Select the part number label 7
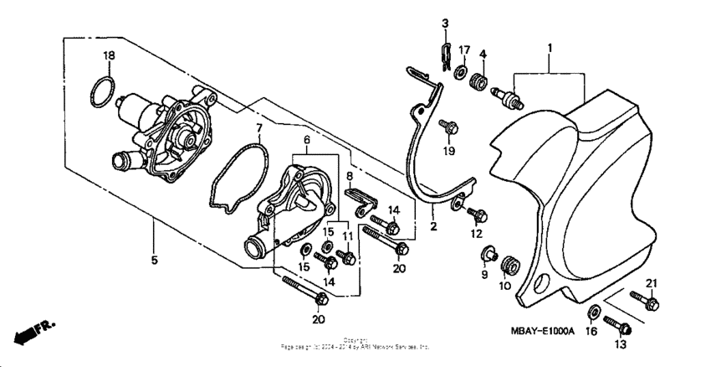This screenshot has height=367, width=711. pyautogui.click(x=259, y=128)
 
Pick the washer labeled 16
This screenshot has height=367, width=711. pyautogui.click(x=592, y=314)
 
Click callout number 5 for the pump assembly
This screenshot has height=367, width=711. pyautogui.click(x=155, y=260)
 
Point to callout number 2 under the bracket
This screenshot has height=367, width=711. pyautogui.click(x=434, y=226)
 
